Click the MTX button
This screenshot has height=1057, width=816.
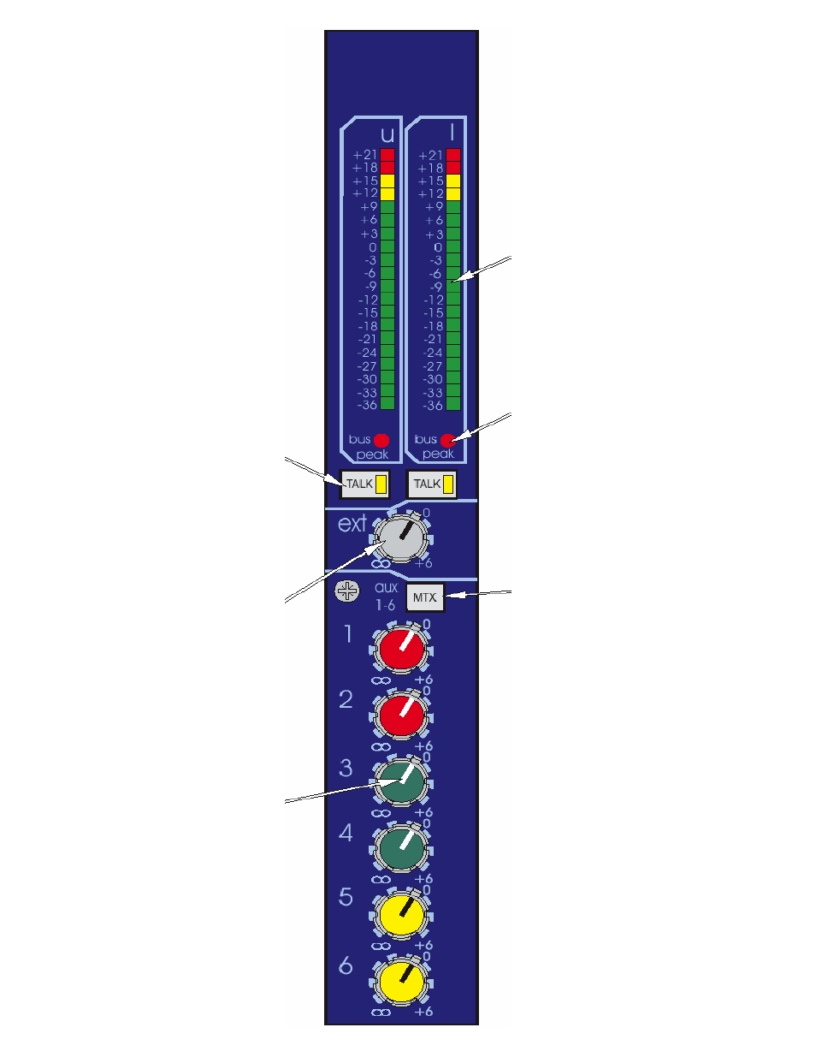point(425,597)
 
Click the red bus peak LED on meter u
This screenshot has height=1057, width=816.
point(381,440)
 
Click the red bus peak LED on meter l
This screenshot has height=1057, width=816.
point(447,440)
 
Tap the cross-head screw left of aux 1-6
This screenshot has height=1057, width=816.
point(347,591)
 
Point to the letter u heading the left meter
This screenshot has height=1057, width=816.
point(387,134)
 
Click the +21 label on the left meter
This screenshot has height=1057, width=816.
point(365,155)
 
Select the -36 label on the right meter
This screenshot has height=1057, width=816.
point(433,406)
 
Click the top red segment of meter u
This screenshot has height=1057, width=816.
point(387,155)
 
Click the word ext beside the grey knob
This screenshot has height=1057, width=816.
point(352,524)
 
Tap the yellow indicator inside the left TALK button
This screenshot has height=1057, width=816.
point(381,484)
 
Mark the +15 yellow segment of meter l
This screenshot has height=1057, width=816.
point(453,181)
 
